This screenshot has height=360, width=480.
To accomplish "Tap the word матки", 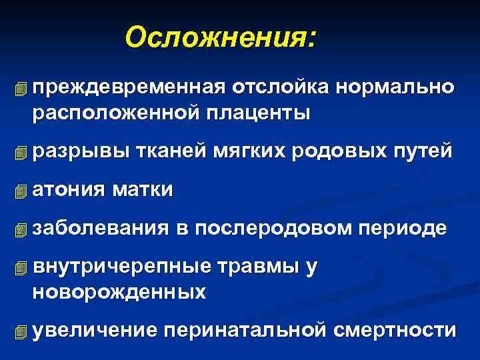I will (144, 190).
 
